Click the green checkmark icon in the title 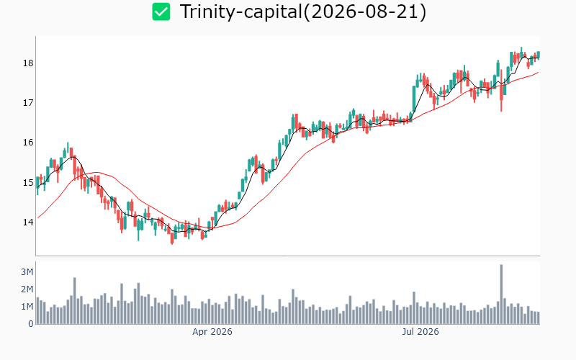[161, 12]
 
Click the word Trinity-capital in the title [241, 12]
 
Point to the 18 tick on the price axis [28, 63]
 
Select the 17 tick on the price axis [28, 103]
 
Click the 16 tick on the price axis [28, 143]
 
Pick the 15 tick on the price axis [28, 183]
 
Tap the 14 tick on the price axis [28, 222]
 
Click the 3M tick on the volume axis [27, 272]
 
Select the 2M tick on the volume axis [27, 289]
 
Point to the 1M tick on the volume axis [27, 307]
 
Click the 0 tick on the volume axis [31, 323]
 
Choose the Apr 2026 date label [212, 332]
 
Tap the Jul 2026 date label [420, 332]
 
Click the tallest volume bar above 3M [501, 294]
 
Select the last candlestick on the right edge [539, 55]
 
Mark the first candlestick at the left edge [37, 183]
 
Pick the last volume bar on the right [539, 318]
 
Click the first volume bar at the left [37, 311]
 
